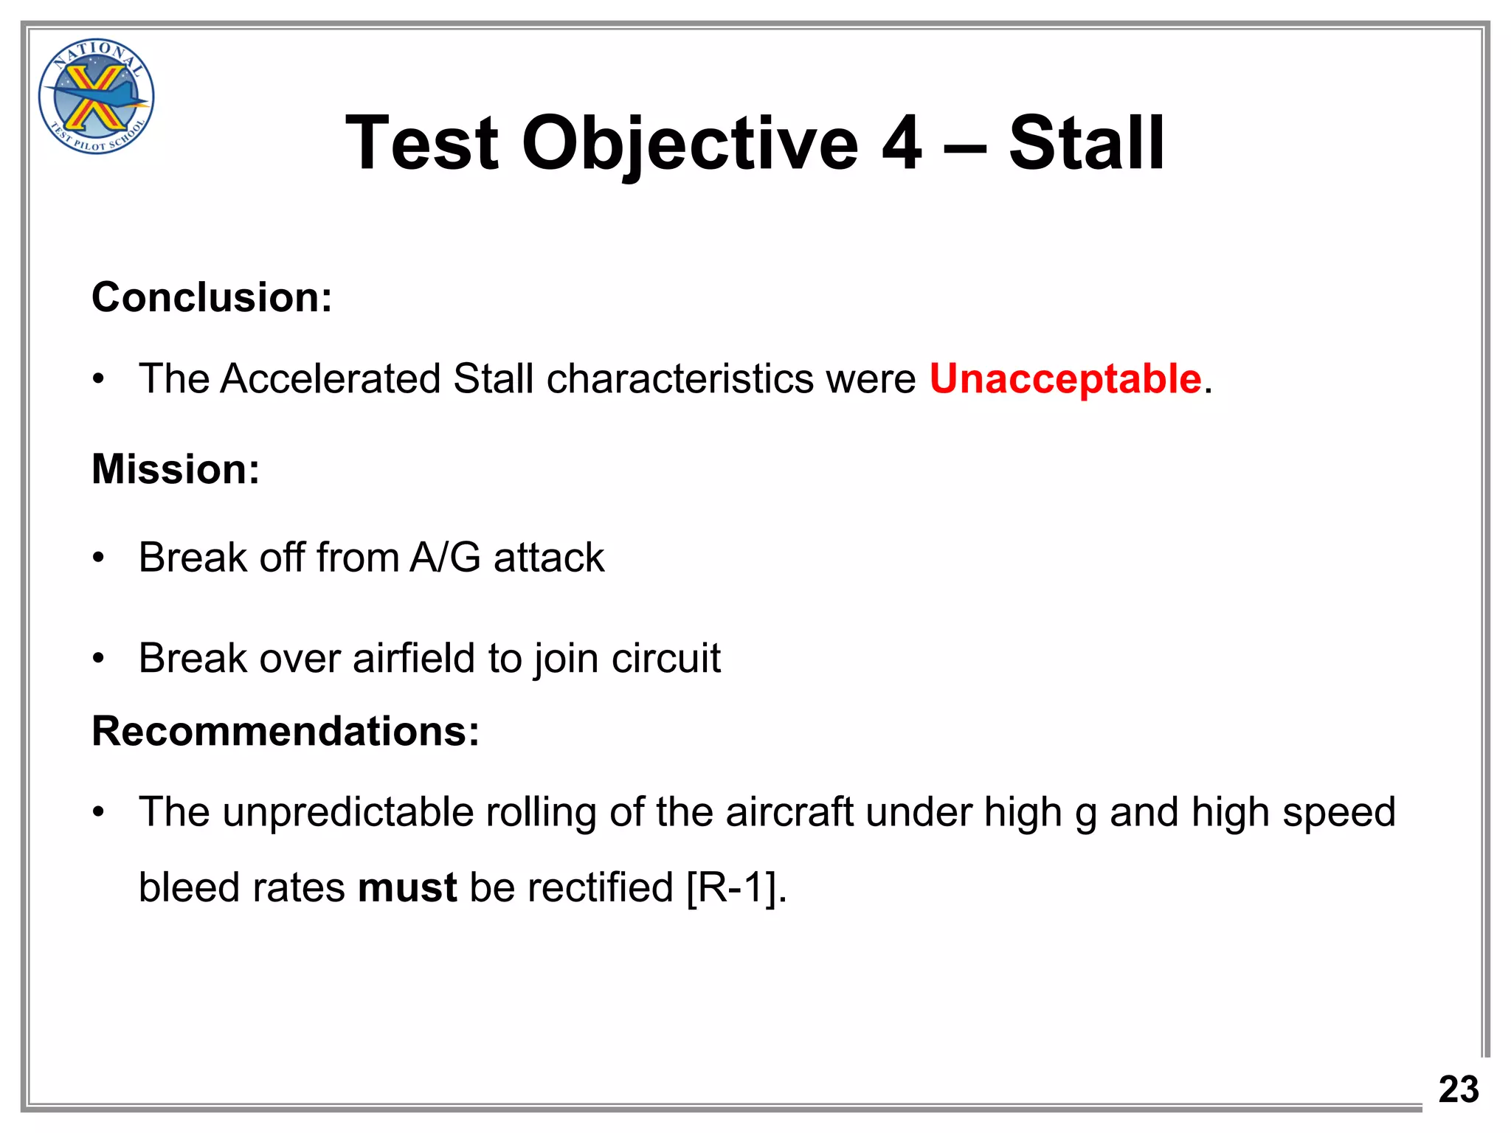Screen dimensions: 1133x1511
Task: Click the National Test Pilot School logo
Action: [96, 97]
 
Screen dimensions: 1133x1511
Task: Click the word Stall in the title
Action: [1086, 143]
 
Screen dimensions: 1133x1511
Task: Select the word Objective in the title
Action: [690, 143]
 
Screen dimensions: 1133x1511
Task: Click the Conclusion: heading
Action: [212, 297]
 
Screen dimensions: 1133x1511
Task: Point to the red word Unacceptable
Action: [1065, 379]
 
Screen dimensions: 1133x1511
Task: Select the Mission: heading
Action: [176, 469]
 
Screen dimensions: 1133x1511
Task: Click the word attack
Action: [549, 558]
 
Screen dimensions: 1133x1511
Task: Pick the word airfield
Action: [414, 658]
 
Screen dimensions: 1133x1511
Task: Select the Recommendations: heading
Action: [286, 732]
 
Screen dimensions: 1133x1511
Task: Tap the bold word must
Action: [407, 887]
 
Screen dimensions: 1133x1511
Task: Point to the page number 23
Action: [1458, 1089]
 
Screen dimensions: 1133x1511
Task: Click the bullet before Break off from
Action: [99, 558]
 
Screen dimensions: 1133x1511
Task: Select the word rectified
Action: [599, 887]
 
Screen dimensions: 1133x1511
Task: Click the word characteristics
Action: [680, 379]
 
